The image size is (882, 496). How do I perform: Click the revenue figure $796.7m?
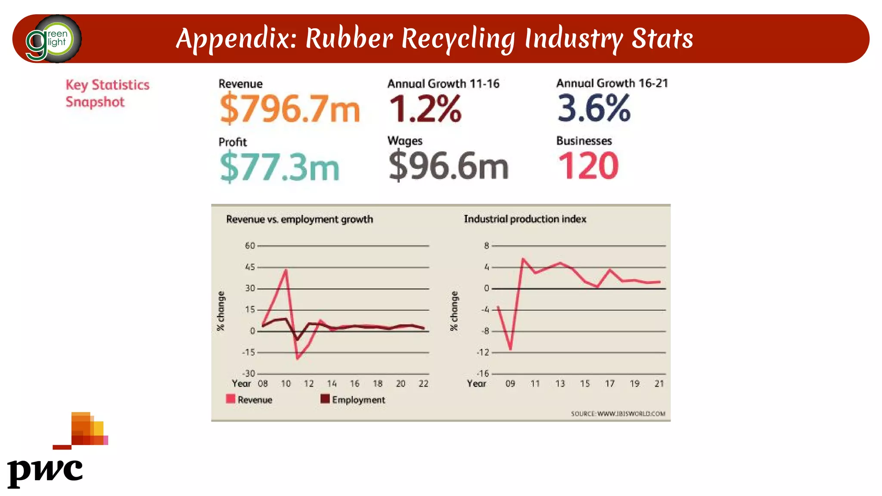pyautogui.click(x=289, y=109)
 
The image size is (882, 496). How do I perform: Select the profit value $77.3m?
pyautogui.click(x=280, y=167)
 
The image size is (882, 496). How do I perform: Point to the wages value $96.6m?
pyautogui.click(x=448, y=166)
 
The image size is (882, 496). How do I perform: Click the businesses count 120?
pyautogui.click(x=588, y=166)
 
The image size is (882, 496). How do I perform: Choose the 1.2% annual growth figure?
pyautogui.click(x=425, y=109)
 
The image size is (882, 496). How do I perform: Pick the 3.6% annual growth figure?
pyautogui.click(x=594, y=108)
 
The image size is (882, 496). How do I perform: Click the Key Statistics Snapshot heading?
pyautogui.click(x=107, y=93)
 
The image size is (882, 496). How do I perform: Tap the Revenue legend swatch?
pyautogui.click(x=230, y=399)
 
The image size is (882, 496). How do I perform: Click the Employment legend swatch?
pyautogui.click(x=325, y=399)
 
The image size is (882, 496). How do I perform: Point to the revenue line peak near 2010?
pyautogui.click(x=286, y=270)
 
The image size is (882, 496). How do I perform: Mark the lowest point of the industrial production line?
pyautogui.click(x=511, y=349)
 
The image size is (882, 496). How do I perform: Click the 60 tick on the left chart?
pyautogui.click(x=250, y=246)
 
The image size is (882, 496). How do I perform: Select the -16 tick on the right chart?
pyautogui.click(x=483, y=373)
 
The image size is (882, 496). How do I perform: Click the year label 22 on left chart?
pyautogui.click(x=423, y=384)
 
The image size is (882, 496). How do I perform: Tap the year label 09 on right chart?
pyautogui.click(x=510, y=384)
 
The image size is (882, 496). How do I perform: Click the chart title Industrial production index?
pyautogui.click(x=525, y=219)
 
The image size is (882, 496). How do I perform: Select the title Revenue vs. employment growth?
pyautogui.click(x=299, y=220)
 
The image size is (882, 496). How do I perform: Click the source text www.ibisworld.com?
pyautogui.click(x=618, y=414)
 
